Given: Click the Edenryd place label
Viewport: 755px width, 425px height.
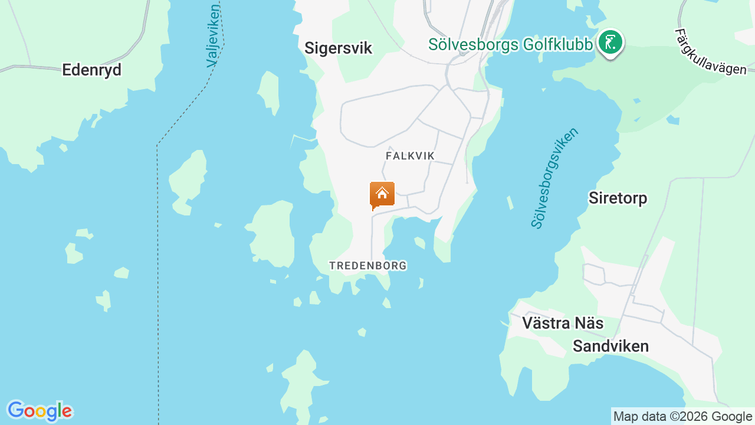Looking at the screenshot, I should click(91, 70).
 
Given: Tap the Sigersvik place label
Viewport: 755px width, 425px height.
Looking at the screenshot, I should click(338, 48).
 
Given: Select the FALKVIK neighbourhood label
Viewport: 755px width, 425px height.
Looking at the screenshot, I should click(410, 156).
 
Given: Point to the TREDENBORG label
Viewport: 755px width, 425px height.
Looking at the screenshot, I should click(368, 266).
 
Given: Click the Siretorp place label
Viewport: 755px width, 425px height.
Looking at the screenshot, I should click(618, 198).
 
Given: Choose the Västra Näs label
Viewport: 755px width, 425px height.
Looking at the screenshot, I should click(563, 323).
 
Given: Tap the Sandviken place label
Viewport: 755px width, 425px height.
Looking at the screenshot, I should click(610, 346).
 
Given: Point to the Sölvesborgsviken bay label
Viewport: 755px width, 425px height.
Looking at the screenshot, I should click(554, 177).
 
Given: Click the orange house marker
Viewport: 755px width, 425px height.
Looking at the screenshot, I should click(382, 195).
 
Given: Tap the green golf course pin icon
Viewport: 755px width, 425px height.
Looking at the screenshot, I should click(610, 43).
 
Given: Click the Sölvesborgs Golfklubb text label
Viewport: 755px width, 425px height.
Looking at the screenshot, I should click(510, 44).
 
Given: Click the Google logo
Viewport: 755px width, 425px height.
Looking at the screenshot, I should click(39, 411).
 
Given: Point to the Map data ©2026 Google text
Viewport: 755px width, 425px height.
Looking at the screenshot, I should click(682, 416).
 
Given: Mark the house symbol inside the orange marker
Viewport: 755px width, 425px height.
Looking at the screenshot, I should click(382, 192).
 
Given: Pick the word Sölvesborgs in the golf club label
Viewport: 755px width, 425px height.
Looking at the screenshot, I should click(474, 44).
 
